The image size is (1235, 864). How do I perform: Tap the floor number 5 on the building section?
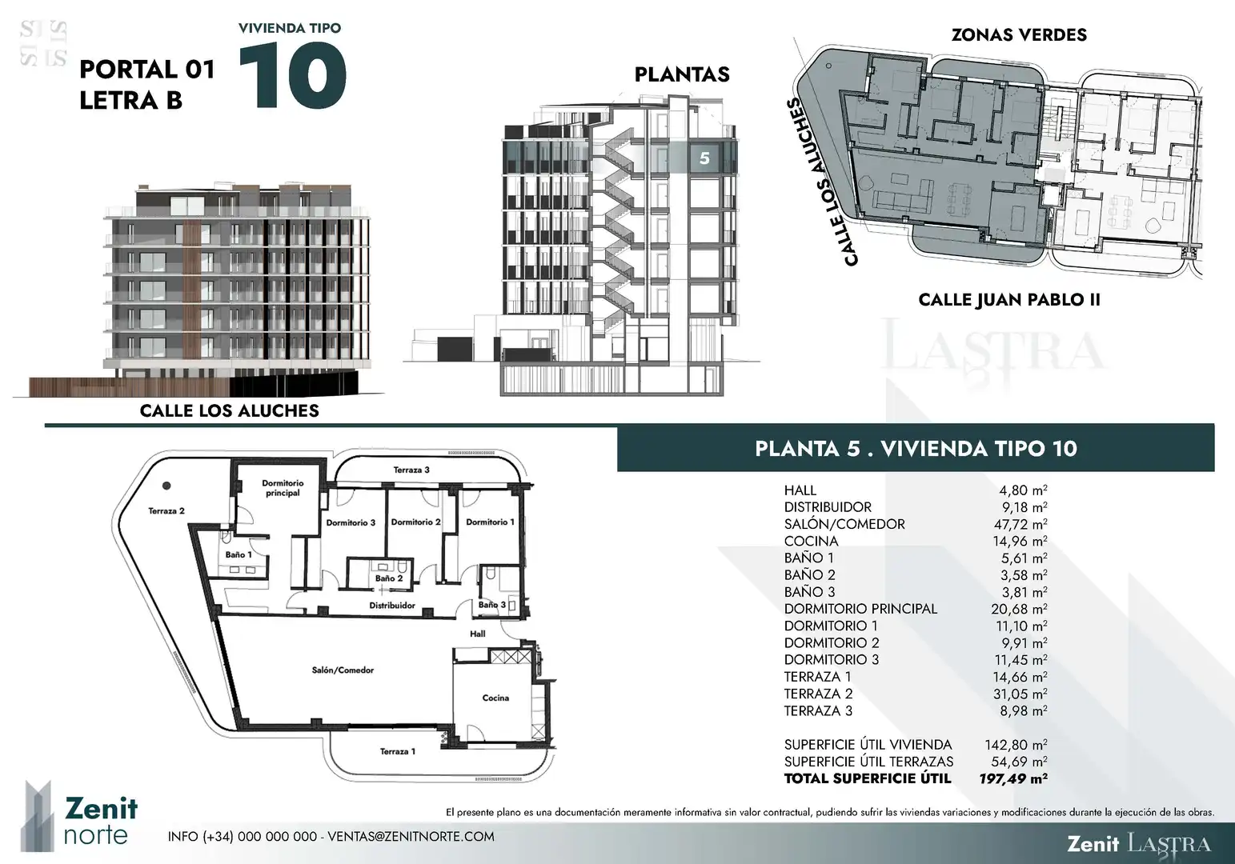click(704, 158)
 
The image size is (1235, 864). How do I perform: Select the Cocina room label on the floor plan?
click(495, 698)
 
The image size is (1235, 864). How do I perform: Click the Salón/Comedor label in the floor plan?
click(343, 670)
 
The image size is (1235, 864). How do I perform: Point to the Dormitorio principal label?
click(283, 488)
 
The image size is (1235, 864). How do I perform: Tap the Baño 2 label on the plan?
click(389, 578)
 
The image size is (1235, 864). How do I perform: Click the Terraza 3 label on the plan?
click(411, 470)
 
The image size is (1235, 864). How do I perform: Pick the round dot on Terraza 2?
click(166, 486)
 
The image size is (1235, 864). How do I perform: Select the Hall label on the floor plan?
click(478, 634)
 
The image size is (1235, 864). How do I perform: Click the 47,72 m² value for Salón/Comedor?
click(1020, 523)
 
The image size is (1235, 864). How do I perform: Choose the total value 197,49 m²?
click(1012, 778)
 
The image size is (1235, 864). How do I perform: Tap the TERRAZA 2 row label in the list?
click(818, 694)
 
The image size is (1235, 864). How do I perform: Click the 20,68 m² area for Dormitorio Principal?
click(1019, 608)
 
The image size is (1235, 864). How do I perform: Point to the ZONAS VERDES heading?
click(1019, 34)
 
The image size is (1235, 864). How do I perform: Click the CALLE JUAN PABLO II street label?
click(1009, 300)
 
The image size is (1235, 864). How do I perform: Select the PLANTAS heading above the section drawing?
click(682, 74)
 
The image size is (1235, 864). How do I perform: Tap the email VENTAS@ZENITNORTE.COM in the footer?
click(411, 837)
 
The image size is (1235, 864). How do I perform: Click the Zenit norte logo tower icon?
click(37, 815)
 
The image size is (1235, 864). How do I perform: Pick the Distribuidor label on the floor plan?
click(392, 605)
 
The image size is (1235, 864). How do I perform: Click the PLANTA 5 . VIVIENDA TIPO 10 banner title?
click(916, 449)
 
